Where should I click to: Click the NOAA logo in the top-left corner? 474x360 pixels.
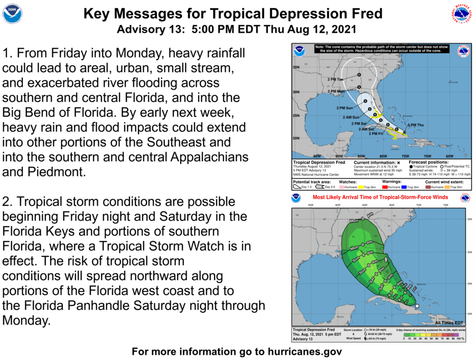pyautogui.click(x=12, y=13)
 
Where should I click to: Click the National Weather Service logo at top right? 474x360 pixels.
pyautogui.click(x=461, y=13)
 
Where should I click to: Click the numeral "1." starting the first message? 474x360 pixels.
pyautogui.click(x=7, y=54)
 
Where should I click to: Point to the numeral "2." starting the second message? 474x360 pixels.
pyautogui.click(x=7, y=202)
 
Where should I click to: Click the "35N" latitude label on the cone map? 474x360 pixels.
pyautogui.click(x=297, y=67)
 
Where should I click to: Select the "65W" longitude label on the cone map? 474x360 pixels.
pyautogui.click(x=450, y=156)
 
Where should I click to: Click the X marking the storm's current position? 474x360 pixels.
pyautogui.click(x=404, y=131)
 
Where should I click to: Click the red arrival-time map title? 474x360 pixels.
pyautogui.click(x=380, y=198)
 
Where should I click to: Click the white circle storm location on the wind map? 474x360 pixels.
pyautogui.click(x=416, y=306)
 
